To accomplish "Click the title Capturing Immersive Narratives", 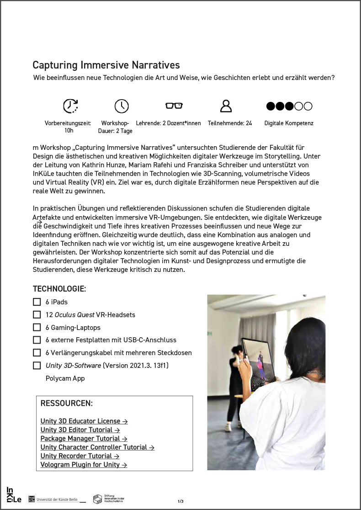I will tap(106, 65).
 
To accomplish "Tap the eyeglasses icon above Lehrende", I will tap(174, 106).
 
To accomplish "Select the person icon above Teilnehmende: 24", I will tap(226, 106).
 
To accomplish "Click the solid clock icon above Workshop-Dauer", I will tap(122, 106).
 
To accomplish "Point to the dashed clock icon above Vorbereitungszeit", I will tap(70, 106).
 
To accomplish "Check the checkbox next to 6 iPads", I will tap(37, 302).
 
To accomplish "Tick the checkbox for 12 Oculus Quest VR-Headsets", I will tap(37, 315).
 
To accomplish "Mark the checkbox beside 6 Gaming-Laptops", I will tap(37, 328).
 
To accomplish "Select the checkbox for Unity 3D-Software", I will tap(37, 366).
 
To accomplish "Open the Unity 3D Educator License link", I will tap(84, 421).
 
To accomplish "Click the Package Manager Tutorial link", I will tap(84, 439).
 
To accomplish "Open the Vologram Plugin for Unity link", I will tap(83, 465).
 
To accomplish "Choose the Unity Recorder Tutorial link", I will tap(80, 456).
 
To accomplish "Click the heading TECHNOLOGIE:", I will tap(59, 289).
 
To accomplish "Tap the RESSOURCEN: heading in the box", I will tap(67, 404).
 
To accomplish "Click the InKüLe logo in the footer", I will tap(13, 495).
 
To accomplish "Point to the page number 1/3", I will tap(180, 501).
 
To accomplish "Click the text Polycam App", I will tap(65, 378).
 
